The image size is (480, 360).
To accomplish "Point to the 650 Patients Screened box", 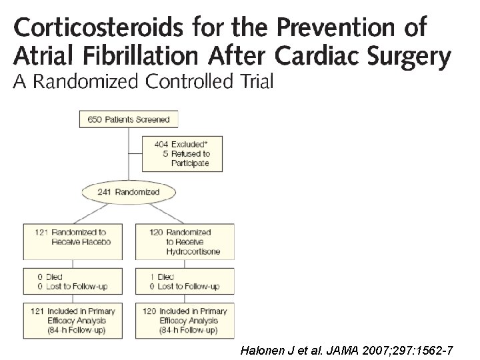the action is (129, 120).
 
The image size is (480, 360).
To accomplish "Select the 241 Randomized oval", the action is (129, 192).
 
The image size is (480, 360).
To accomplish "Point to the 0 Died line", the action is (51, 277).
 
